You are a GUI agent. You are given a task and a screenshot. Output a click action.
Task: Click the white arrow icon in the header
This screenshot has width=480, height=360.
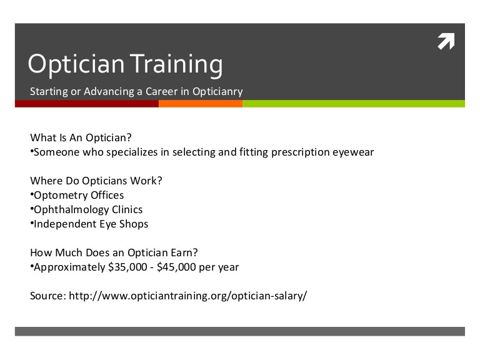click(446, 41)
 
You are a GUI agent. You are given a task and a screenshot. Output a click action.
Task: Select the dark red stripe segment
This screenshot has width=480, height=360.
click(87, 104)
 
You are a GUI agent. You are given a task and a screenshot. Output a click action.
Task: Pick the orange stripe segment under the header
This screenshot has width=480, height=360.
click(200, 104)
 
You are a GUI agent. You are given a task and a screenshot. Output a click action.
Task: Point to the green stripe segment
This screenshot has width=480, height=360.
click(353, 104)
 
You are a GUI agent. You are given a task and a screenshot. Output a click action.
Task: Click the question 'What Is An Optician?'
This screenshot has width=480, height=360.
click(81, 137)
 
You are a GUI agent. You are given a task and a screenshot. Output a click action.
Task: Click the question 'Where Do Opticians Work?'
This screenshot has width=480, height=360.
click(96, 181)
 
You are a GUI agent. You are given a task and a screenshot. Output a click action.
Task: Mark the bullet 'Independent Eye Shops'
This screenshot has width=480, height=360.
click(91, 224)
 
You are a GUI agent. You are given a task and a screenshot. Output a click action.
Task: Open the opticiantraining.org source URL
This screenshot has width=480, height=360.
click(187, 296)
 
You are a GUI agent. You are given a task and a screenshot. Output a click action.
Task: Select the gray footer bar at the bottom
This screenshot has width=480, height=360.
click(240, 331)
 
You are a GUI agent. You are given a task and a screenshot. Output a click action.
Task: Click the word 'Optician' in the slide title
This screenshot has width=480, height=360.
click(71, 64)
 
